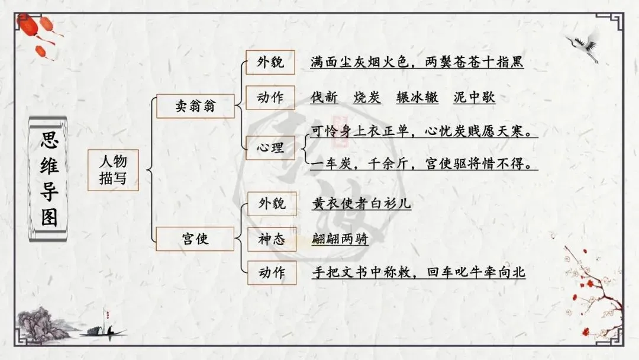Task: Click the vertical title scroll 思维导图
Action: pos(49,179)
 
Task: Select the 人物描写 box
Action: pos(112,169)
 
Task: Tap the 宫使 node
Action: pos(195,239)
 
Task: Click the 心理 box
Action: pos(270,147)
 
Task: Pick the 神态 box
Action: pos(271,239)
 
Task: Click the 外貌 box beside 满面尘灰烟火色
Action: pos(270,62)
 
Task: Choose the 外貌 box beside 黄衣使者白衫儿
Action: pos(271,204)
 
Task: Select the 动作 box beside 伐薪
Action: pos(270,98)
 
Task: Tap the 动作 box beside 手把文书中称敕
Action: pos(271,272)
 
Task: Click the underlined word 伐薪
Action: pos(324,98)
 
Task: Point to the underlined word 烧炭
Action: pos(367,98)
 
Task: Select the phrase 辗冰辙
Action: pos(417,98)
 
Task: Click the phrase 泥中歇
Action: pos(474,98)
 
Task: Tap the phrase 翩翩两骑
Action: pos(340,239)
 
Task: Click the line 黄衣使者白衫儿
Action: pos(362,204)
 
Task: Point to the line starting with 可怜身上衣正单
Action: pos(424,131)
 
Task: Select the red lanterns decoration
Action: pos(43,36)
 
